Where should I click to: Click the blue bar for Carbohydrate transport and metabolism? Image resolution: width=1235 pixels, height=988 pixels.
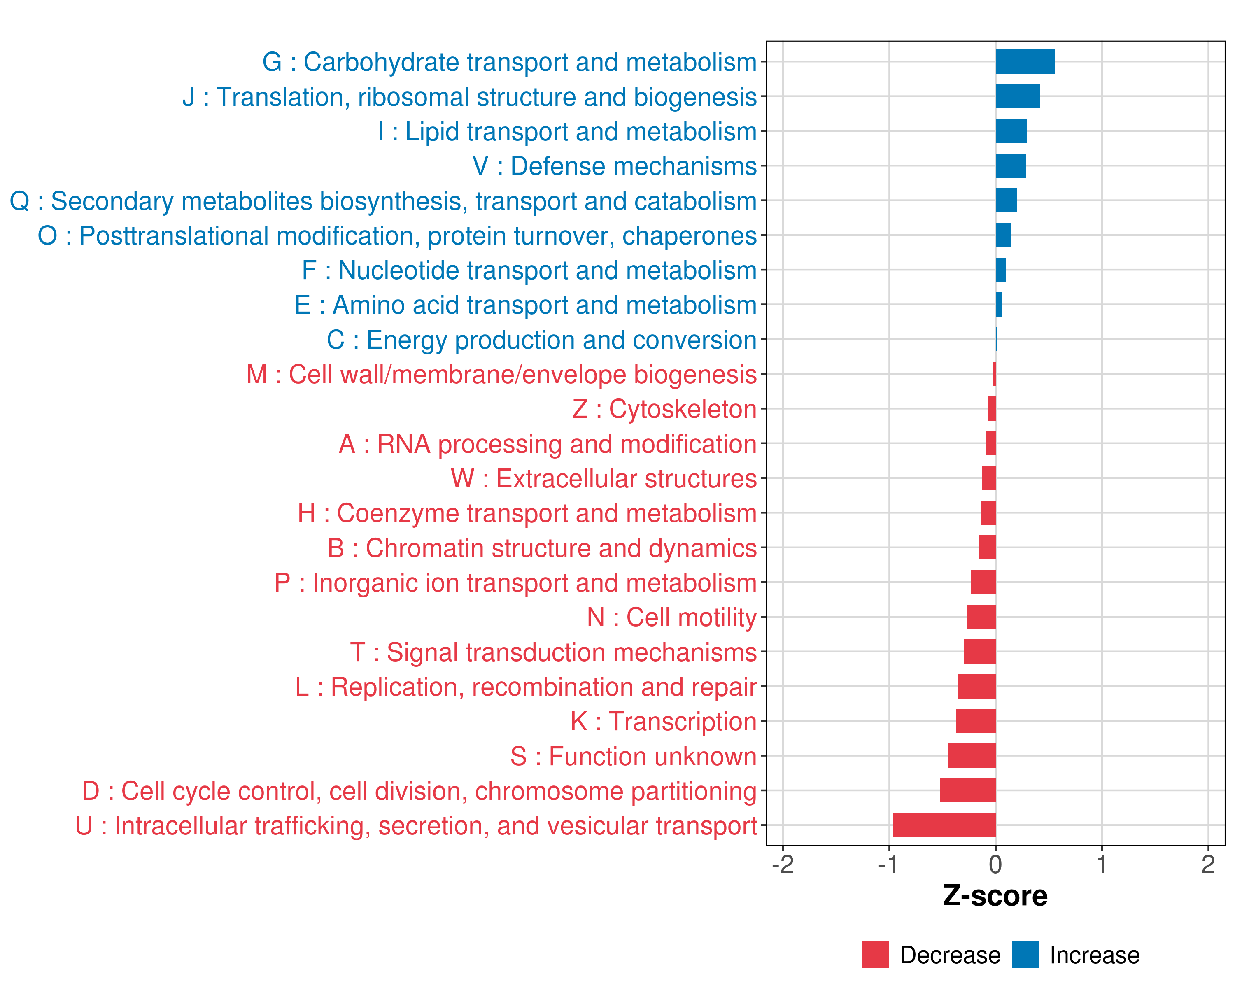pos(1025,62)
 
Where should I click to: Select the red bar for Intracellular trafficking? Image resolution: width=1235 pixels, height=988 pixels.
pos(944,825)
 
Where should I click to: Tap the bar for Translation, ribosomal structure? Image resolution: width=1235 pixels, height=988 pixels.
pos(1017,96)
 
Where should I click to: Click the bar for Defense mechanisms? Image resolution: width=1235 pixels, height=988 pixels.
pos(1011,166)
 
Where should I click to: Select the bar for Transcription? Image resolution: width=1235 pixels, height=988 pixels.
pos(976,721)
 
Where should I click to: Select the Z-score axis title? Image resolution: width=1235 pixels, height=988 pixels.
pos(995,896)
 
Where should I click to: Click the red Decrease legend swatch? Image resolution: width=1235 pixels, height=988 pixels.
pos(875,954)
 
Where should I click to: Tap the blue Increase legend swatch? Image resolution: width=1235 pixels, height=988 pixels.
pos(1025,954)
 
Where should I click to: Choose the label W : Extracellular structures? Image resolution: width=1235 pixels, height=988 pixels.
pos(604,479)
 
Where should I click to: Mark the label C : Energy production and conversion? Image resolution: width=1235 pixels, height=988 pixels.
pos(541,340)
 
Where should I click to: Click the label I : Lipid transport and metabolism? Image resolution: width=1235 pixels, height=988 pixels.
pos(567,132)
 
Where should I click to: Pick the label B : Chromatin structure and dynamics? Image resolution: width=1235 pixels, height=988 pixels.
pos(542,548)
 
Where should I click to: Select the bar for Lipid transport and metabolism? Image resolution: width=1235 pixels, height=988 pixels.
pos(1011,131)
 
